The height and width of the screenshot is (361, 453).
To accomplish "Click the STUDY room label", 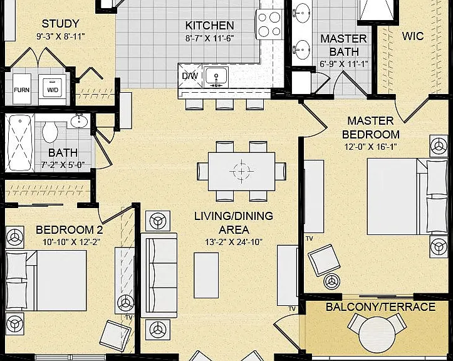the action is pos(60,24).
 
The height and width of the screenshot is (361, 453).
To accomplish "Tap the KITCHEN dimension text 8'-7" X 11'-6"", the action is pos(209,38).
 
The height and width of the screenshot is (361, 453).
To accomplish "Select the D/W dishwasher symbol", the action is pos(190,76).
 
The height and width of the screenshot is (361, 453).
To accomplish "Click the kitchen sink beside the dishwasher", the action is pos(216,76).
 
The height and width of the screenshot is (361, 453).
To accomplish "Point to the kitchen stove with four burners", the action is pos(269,24).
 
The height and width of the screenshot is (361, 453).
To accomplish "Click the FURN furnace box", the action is pos(22,89).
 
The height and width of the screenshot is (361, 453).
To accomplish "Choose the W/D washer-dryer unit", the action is pos(52,90).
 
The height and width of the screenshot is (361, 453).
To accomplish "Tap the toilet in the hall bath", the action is pos(50,131).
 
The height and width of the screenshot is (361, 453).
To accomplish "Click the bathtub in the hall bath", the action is pos(19,143).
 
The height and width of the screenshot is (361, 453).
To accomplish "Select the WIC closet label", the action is pos(413,36).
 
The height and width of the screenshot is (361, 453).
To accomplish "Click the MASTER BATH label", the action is pos(344,45).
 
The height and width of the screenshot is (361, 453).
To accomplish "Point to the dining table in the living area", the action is pos(241,171).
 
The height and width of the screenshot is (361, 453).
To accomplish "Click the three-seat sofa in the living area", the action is pos(159,275).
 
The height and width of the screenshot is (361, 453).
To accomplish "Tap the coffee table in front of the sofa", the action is pos(206,275).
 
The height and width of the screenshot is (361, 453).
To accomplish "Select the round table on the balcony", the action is pos(377,335).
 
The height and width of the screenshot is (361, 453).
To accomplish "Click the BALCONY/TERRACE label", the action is pos(380,306).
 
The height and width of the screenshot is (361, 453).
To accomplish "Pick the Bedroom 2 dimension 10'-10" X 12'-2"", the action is pos(71,242).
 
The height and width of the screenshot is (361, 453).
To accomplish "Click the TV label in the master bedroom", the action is pos(310,239).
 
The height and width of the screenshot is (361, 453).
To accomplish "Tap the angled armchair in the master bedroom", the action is pos(324,260).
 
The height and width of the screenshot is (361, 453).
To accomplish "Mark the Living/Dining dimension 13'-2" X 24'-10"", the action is pos(234,242).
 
